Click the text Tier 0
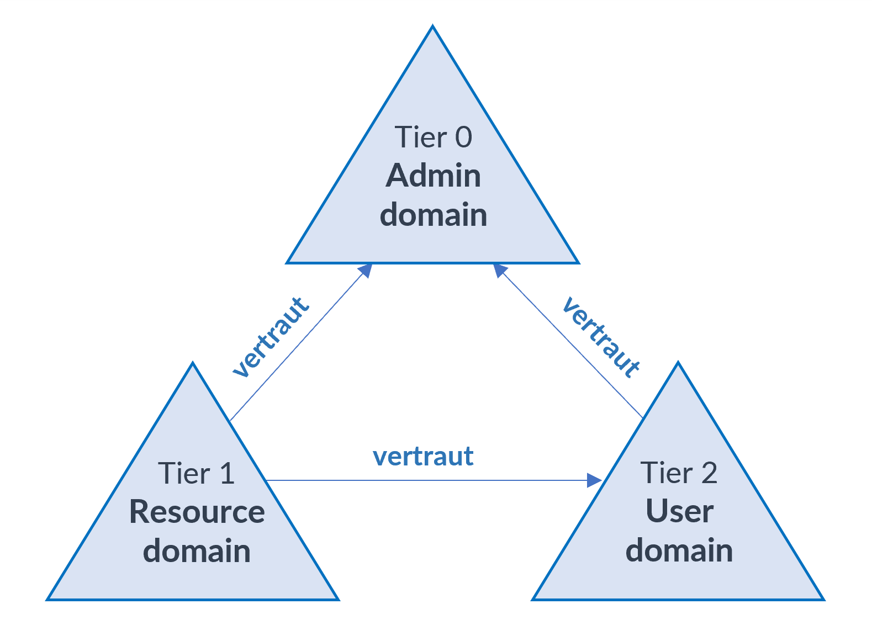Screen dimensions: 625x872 click(433, 137)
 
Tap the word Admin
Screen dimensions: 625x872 click(433, 176)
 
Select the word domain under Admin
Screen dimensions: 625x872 click(433, 215)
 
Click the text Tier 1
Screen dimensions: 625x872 click(196, 474)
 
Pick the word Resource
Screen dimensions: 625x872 click(197, 512)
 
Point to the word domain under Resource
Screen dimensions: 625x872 click(197, 551)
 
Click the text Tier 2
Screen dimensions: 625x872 click(679, 473)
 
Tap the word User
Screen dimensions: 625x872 click(679, 511)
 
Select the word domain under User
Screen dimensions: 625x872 click(679, 550)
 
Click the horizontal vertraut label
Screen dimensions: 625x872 click(423, 457)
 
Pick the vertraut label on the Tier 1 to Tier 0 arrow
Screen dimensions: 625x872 click(271, 337)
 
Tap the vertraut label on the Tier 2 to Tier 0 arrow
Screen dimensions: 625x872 click(601, 337)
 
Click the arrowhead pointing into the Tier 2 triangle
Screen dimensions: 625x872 click(594, 480)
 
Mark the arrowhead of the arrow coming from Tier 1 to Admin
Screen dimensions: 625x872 click(366, 271)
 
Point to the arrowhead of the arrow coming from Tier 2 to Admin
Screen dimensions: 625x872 click(500, 270)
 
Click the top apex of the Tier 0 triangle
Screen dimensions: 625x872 click(432, 27)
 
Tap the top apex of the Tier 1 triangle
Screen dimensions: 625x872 click(193, 364)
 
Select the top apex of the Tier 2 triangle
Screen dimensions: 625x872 click(678, 364)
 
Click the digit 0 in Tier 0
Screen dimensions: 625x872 click(463, 137)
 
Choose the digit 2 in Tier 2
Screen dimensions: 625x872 click(709, 473)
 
